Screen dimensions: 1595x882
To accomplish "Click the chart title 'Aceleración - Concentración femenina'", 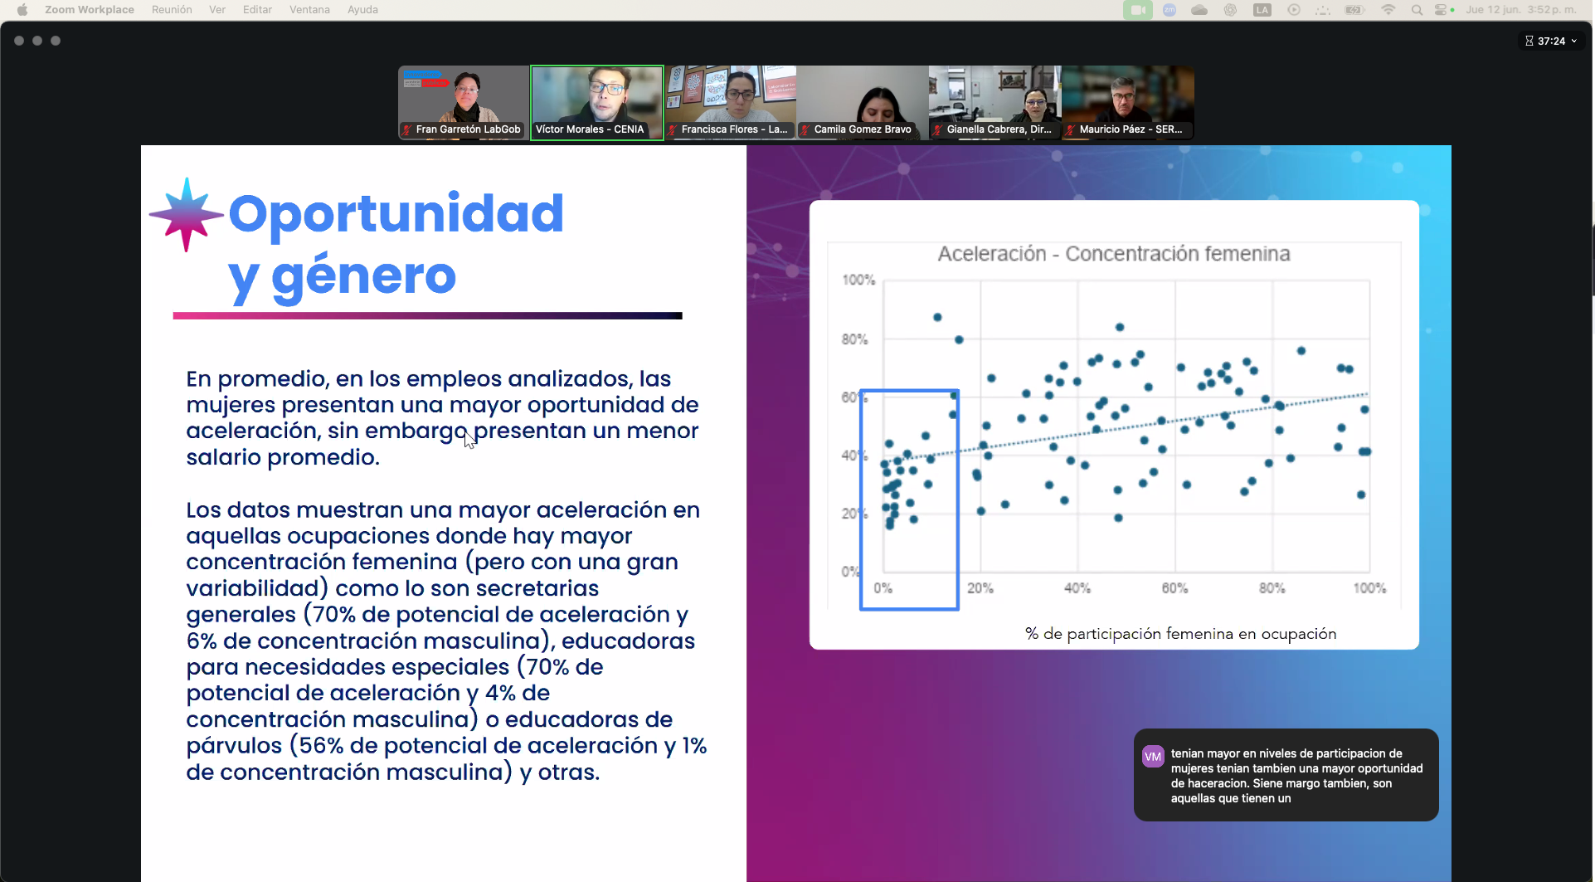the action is point(1114,254).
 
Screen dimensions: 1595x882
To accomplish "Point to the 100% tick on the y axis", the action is point(858,280).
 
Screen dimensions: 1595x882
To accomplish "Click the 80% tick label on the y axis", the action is point(854,339).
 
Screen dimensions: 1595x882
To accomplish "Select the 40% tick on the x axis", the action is point(1077,588).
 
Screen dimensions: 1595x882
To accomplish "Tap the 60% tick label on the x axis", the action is point(1174,588).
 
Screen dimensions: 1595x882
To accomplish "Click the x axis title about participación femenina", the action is point(1180,634).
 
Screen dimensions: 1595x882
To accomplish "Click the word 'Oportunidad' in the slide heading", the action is point(396,213).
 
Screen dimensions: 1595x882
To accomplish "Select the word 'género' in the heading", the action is point(363,276).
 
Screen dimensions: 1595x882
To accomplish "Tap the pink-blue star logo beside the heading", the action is point(187,214).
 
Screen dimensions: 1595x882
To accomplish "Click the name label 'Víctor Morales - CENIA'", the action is point(590,129).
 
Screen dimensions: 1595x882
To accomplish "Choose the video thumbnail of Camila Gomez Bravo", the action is point(863,102).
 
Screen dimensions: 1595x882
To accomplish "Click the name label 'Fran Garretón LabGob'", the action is point(468,129).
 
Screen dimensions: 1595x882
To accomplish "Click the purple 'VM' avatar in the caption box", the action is point(1153,757).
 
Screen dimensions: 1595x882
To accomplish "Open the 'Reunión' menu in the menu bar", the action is point(172,10).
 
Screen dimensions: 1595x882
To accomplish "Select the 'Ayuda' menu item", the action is point(362,10).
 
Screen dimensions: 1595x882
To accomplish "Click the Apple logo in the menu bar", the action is point(22,10).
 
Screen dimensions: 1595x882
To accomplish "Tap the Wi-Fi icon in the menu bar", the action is point(1388,10).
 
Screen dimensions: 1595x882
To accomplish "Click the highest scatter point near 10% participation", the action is point(937,317).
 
